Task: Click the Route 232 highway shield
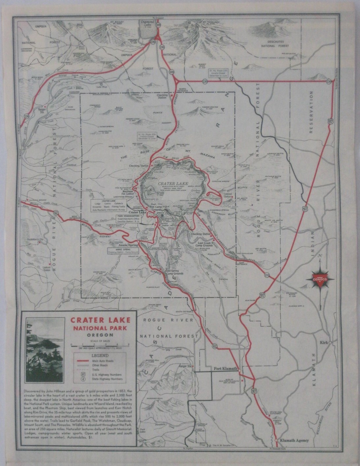[x=267, y=274]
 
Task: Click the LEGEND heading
[x=100, y=356]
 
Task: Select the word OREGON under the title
[x=100, y=335]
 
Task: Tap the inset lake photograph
[x=45, y=350]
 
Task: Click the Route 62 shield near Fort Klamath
[x=215, y=346]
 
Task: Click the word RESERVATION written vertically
[x=310, y=112]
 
